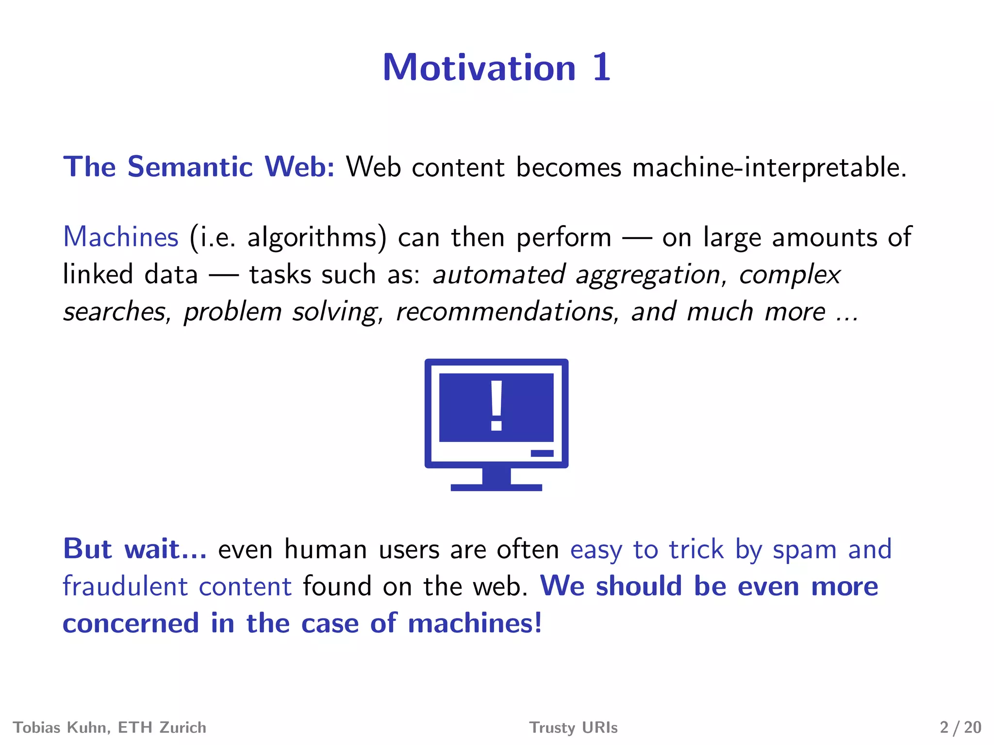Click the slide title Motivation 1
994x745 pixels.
[x=496, y=67]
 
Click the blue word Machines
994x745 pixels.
[x=121, y=238]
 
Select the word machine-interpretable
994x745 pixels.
[x=769, y=167]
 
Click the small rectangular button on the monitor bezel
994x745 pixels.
[x=542, y=453]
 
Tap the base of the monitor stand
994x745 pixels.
[x=496, y=487]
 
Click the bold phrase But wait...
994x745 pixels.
[x=134, y=550]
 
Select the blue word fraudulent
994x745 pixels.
[x=125, y=586]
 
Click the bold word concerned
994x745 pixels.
[x=131, y=623]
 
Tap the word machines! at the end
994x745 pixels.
[x=474, y=623]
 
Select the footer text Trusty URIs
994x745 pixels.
[x=573, y=728]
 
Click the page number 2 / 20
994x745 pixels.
[x=960, y=728]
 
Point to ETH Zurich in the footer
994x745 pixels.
[x=162, y=728]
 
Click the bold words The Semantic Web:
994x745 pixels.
[x=199, y=167]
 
